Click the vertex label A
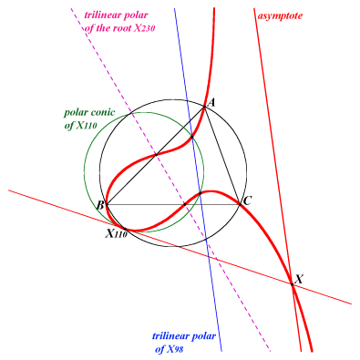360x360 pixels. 211,102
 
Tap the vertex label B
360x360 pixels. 100,206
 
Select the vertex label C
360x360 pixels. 248,201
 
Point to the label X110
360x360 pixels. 116,233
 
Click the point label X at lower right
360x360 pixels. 299,279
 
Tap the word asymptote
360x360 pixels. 280,15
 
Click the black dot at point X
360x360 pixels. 292,284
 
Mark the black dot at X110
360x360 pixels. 124,228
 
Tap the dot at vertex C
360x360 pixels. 240,205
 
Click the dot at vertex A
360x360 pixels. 204,107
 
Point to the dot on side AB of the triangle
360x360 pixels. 156,155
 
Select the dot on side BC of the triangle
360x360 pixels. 185,205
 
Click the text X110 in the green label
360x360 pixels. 87,126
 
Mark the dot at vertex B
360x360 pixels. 106,205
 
